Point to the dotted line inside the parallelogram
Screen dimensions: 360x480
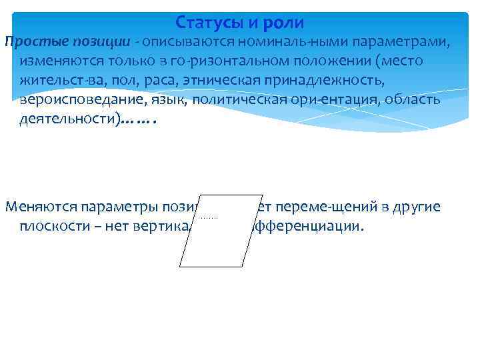[209, 217]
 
